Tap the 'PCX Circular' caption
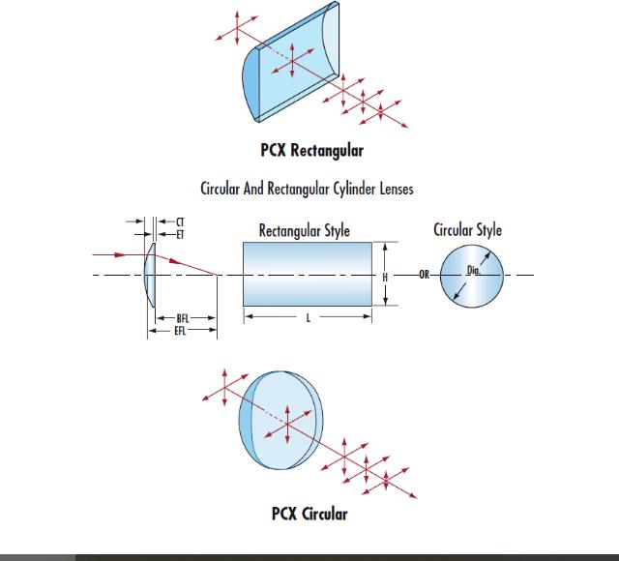[309, 513]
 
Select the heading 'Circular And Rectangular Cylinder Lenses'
[307, 189]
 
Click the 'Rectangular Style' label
[304, 230]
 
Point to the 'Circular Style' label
[467, 230]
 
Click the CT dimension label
[177, 221]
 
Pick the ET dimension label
[177, 233]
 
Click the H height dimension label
[384, 276]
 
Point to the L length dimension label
[307, 316]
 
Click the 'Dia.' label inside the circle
[473, 271]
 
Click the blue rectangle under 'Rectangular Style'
[307, 275]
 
